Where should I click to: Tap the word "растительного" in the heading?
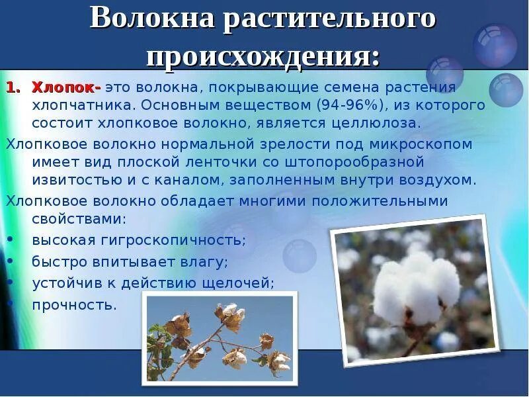pos(329,19)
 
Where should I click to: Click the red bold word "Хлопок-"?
pos(67,87)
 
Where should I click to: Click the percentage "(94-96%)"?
pos(350,105)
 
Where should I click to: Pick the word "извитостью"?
pos(73,179)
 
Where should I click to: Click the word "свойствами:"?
pos(79,219)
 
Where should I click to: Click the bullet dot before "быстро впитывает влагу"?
pos(14,262)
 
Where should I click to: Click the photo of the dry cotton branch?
pos(219,337)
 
